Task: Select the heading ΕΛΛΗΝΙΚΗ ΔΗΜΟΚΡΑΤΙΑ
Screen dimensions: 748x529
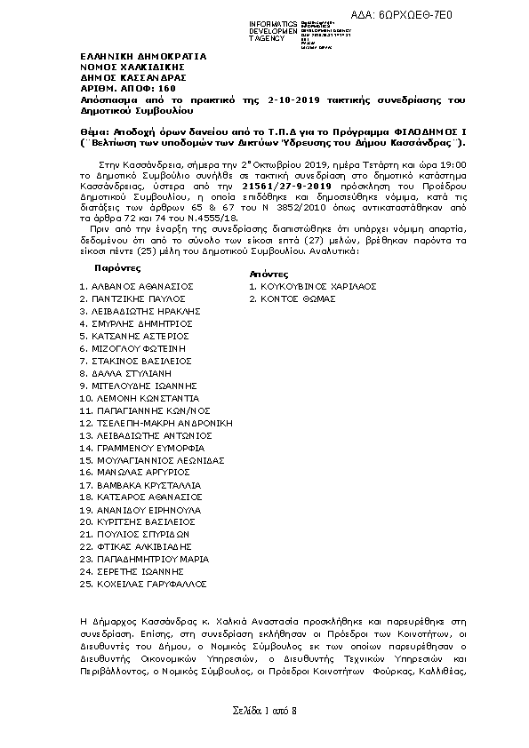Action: tap(142, 56)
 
